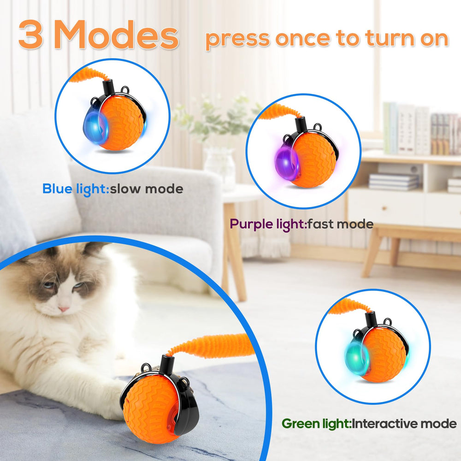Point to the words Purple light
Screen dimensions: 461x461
[268, 225]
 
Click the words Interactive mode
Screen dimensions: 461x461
[403, 424]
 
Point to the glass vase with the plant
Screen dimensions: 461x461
[219, 164]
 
